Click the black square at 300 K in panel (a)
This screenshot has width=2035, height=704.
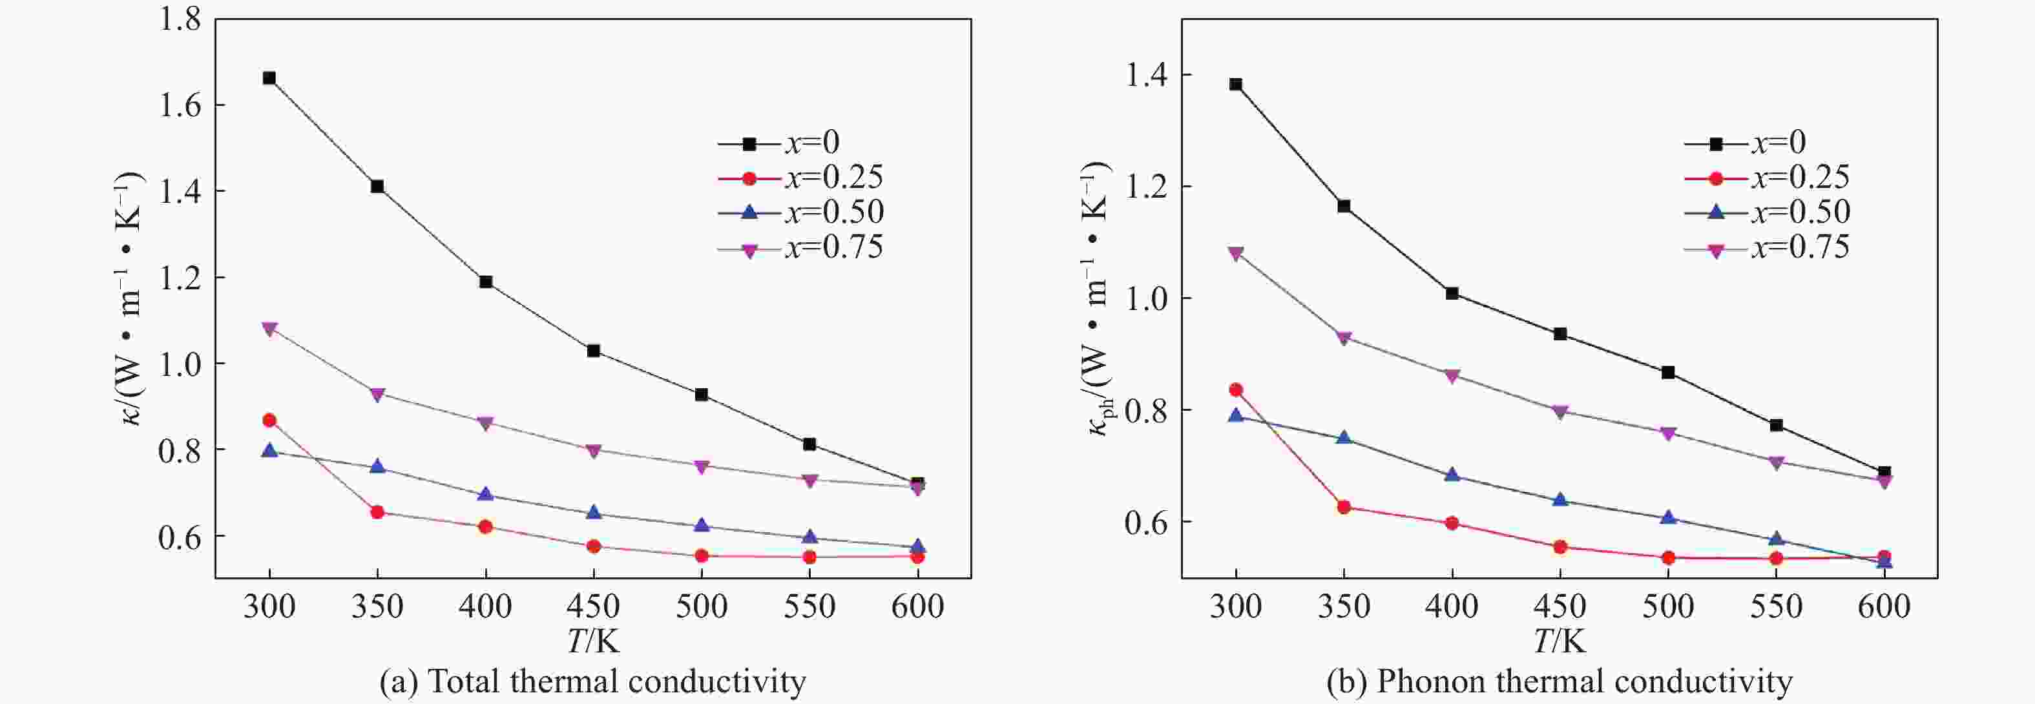tap(269, 78)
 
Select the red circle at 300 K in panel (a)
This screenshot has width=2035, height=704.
tap(269, 420)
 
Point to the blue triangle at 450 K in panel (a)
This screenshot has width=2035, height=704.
tap(593, 513)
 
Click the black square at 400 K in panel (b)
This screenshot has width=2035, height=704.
tap(1452, 294)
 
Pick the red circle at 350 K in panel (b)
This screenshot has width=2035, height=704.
tap(1344, 507)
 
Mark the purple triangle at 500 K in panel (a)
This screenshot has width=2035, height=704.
tap(702, 466)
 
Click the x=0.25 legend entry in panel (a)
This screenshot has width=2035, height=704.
tap(800, 178)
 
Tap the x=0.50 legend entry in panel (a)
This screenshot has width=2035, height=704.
tap(800, 212)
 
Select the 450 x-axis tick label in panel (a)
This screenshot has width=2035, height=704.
tap(593, 606)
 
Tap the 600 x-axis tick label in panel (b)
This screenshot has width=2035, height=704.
tap(1884, 606)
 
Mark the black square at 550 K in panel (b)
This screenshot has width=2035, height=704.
tap(1776, 426)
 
